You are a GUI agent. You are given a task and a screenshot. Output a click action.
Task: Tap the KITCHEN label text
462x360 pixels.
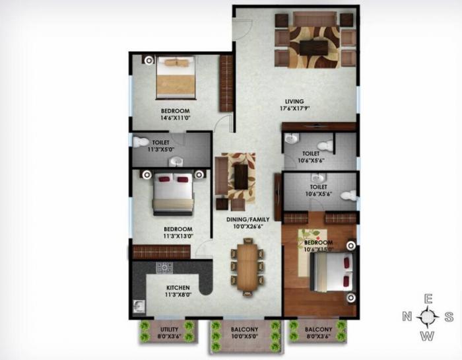click(x=178, y=288)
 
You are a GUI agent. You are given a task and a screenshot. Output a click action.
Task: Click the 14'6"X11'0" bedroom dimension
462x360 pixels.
click(x=175, y=118)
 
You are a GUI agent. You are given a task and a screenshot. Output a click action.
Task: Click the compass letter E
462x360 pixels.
click(x=428, y=298)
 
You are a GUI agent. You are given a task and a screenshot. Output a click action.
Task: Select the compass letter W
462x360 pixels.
click(x=428, y=336)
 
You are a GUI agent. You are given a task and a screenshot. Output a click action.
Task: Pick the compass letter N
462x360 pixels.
click(x=407, y=317)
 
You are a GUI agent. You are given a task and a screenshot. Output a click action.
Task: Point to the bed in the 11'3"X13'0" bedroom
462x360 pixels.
click(x=173, y=193)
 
